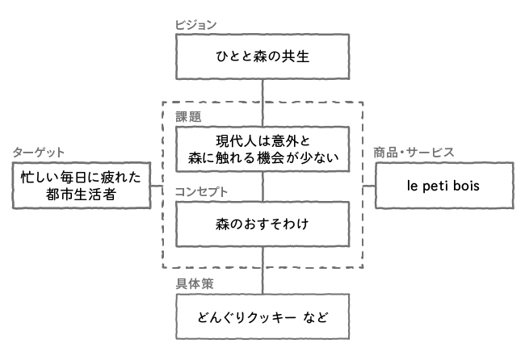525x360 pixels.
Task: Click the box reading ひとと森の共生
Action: point(262,57)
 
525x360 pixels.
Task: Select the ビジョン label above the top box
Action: point(196,25)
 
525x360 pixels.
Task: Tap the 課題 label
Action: point(188,116)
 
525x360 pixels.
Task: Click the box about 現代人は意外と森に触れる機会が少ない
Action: point(262,149)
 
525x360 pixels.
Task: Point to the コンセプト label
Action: point(201,192)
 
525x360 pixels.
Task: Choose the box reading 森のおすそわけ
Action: point(262,224)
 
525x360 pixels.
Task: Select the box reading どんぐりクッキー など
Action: point(262,316)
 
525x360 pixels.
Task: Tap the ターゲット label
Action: point(38,153)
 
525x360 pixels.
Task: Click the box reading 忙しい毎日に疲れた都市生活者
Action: point(81,186)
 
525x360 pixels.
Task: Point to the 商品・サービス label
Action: point(413,153)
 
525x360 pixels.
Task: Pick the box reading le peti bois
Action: point(443,186)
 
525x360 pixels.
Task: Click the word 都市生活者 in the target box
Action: point(81,196)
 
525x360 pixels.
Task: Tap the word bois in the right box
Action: point(466,186)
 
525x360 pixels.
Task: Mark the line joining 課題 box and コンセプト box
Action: point(262,186)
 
